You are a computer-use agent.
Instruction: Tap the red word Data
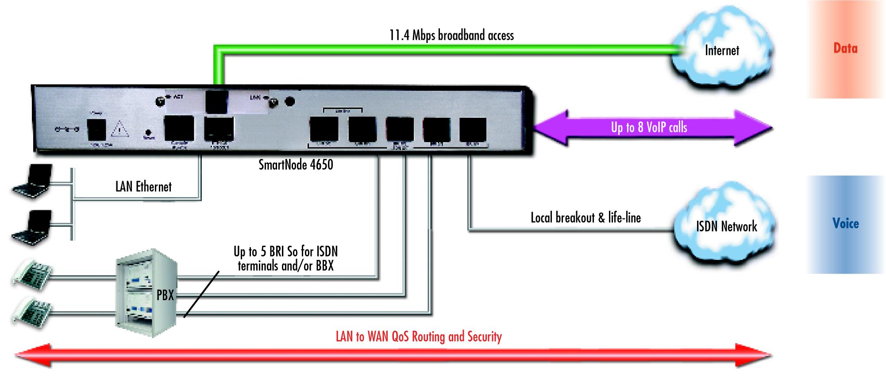(x=845, y=48)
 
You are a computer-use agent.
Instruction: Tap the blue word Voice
(x=845, y=224)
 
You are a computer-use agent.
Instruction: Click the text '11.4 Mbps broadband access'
(x=451, y=35)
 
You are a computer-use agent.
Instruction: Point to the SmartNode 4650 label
(x=296, y=165)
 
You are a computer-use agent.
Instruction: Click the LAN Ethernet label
(x=143, y=186)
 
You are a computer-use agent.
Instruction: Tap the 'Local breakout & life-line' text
(x=586, y=217)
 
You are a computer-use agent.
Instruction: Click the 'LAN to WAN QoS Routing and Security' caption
(x=419, y=336)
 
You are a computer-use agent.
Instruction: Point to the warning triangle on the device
(x=120, y=129)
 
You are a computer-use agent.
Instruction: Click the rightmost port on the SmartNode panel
(x=473, y=129)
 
